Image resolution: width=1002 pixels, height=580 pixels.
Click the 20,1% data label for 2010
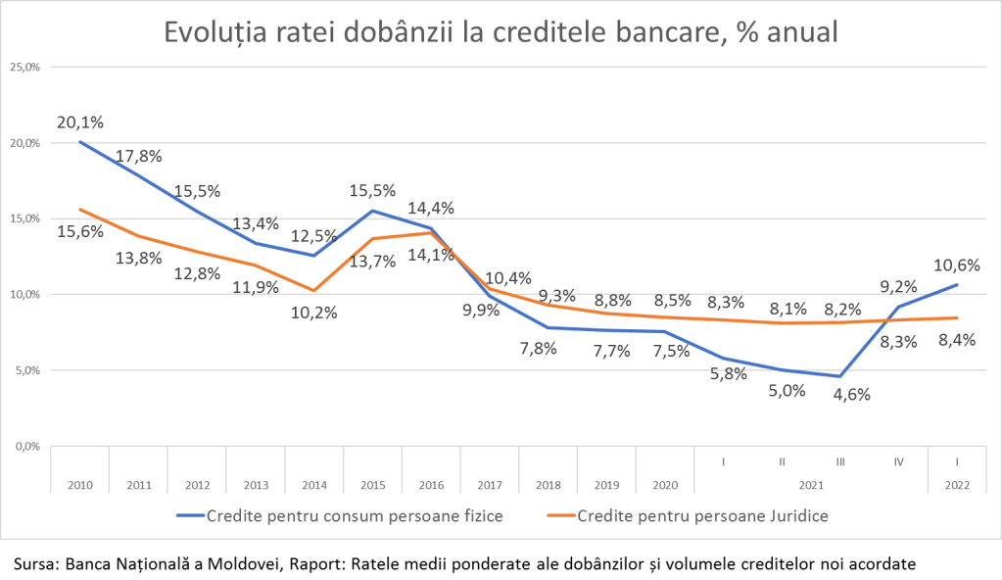coord(78,123)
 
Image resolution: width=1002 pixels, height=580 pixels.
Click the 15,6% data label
coord(78,231)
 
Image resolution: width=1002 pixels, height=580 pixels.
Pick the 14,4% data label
coord(430,209)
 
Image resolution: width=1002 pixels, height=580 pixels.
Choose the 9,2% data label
coord(898,288)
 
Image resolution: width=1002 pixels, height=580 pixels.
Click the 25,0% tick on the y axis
coord(25,68)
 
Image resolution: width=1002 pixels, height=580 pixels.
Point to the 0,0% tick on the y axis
coord(27,446)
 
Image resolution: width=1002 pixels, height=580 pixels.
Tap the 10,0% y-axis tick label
coord(25,295)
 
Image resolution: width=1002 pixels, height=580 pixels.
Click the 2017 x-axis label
coord(490,485)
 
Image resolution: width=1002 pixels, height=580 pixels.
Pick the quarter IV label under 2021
coord(898,459)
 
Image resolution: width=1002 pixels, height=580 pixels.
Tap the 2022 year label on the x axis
coord(957,485)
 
